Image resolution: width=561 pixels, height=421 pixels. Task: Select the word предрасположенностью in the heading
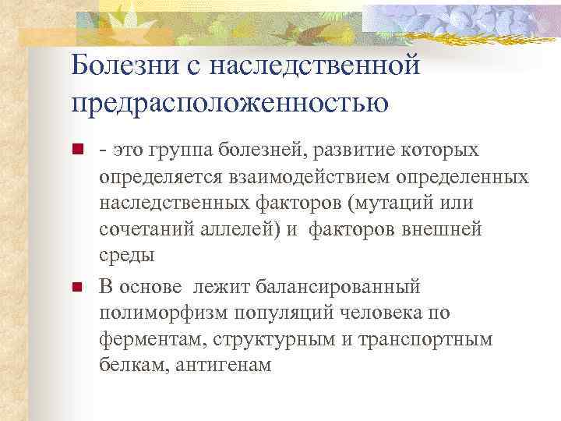230,101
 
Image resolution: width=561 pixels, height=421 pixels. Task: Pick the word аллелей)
249,229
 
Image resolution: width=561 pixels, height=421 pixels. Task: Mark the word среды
127,256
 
